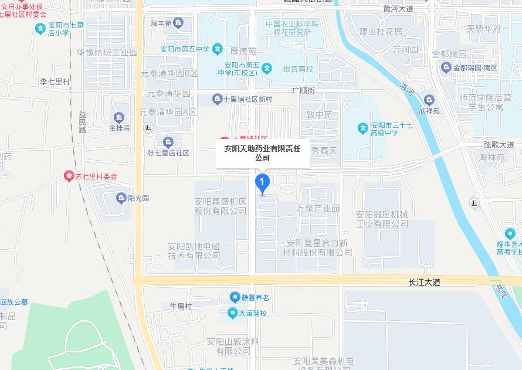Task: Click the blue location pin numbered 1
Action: click(x=262, y=183)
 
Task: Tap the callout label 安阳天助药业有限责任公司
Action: click(x=262, y=153)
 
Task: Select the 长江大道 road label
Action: click(x=424, y=282)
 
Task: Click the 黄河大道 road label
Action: click(x=398, y=9)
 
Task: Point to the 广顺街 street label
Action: click(x=304, y=90)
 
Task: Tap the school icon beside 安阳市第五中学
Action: click(x=217, y=48)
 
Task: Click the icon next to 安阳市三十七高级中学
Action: click(x=363, y=127)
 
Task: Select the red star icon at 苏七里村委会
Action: click(x=69, y=176)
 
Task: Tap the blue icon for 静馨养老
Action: click(x=235, y=297)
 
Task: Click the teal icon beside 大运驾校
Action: click(x=232, y=313)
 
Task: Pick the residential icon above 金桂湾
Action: click(x=119, y=117)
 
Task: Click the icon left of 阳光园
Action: click(x=121, y=198)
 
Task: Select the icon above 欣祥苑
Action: click(x=429, y=100)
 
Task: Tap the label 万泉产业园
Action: click(x=318, y=208)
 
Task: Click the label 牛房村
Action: click(x=181, y=306)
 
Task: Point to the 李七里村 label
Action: click(x=55, y=82)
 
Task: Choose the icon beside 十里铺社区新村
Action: click(x=217, y=99)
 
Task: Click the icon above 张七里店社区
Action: click(x=168, y=142)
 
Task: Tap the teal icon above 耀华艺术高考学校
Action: click(x=510, y=233)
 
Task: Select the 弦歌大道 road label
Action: click(x=499, y=144)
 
